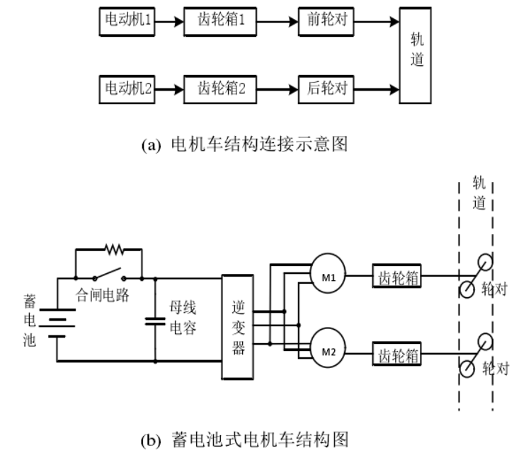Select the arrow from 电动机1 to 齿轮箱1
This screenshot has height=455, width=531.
pos(169,21)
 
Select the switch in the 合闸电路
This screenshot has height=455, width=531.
pos(108,275)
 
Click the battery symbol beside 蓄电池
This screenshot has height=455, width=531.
pos(57,321)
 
